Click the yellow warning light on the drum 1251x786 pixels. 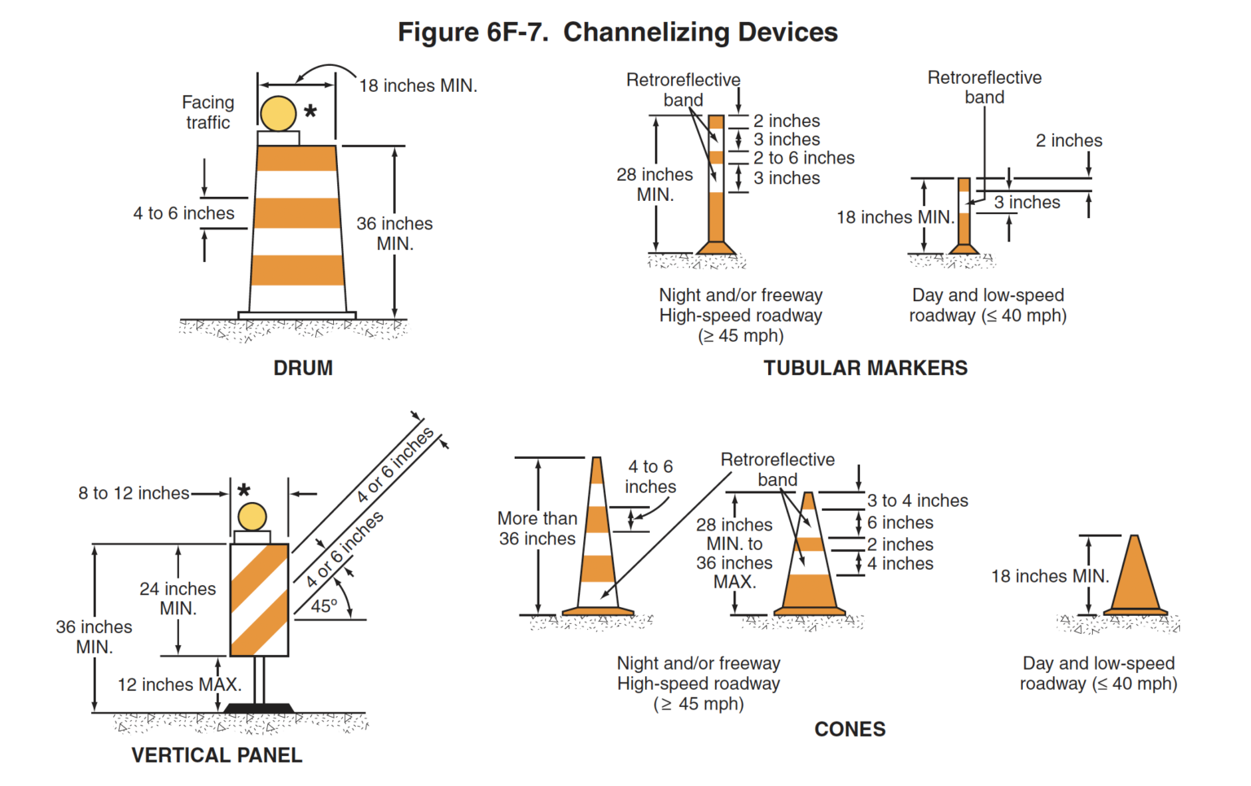[279, 114]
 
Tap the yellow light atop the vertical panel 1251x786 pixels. [252, 517]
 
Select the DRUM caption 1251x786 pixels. [303, 368]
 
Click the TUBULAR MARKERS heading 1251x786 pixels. [865, 368]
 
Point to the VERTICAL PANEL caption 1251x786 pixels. [217, 755]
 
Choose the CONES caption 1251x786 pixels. [849, 729]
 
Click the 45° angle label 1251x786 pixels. [323, 606]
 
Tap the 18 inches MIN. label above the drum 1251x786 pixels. [418, 85]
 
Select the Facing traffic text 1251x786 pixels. [208, 112]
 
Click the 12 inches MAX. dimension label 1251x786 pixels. [179, 684]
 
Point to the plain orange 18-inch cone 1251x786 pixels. [1135, 578]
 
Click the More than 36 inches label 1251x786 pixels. [538, 528]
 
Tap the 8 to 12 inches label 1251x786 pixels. [134, 493]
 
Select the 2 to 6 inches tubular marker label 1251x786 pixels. [803, 158]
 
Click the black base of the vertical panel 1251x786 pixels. [259, 708]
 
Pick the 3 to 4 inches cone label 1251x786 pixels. [917, 500]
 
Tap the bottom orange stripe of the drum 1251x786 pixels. [297, 270]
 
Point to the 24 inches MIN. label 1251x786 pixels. [178, 598]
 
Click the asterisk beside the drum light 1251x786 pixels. [310, 111]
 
